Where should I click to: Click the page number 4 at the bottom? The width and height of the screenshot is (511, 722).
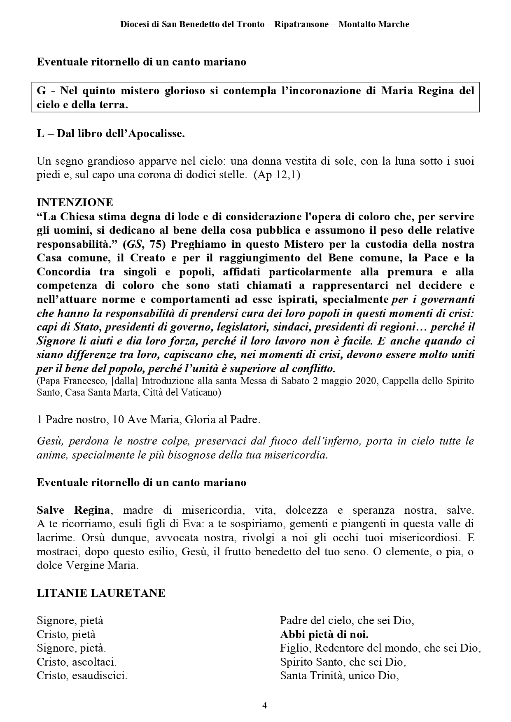pyautogui.click(x=265, y=706)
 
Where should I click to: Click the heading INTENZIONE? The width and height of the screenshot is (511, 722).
pyautogui.click(x=75, y=203)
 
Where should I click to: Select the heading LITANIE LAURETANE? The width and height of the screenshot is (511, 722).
pyautogui.click(x=101, y=593)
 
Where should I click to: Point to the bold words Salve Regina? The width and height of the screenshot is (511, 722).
pyautogui.click(x=73, y=510)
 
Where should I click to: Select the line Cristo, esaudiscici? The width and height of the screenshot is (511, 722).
pyautogui.click(x=82, y=676)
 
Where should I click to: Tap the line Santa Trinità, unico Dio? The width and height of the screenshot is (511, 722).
pyautogui.click(x=340, y=676)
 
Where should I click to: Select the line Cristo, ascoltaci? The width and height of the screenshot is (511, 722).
pyautogui.click(x=77, y=662)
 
